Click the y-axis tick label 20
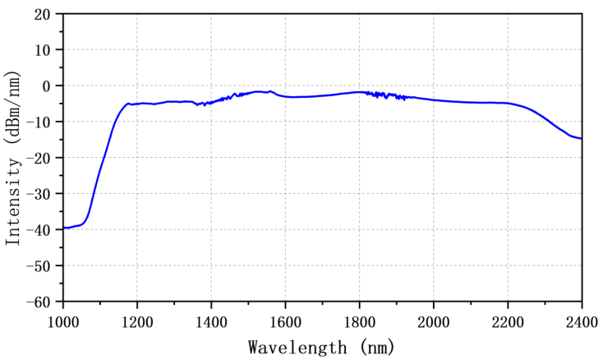(x=42, y=14)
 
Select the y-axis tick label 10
(x=42, y=50)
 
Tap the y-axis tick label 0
(x=46, y=85)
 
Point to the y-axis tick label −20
(x=38, y=158)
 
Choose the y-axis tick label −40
(x=38, y=230)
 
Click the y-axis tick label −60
(x=38, y=302)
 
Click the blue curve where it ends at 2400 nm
(x=581, y=138)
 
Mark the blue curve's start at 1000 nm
(x=64, y=228)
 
